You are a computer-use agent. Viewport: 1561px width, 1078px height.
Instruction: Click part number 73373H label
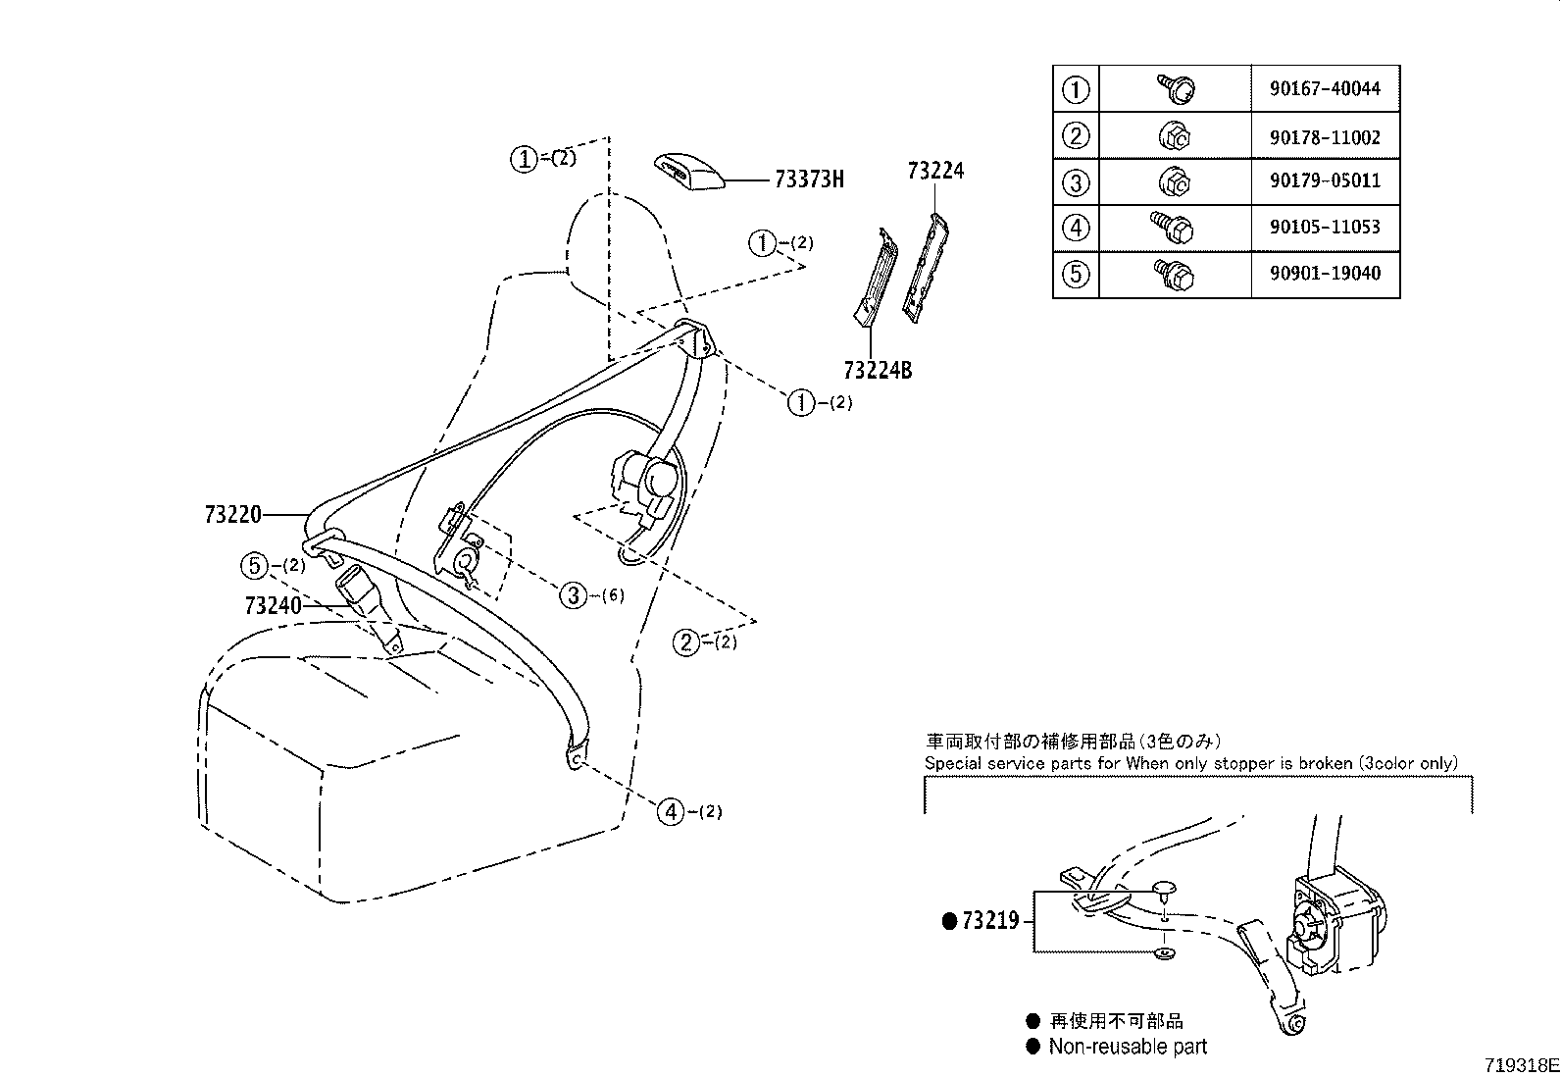[x=809, y=180]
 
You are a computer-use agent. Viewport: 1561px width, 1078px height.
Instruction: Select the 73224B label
[x=878, y=371]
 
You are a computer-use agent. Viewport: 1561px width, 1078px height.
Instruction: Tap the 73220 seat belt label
[x=233, y=514]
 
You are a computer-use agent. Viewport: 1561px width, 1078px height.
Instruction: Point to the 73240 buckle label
[x=274, y=605]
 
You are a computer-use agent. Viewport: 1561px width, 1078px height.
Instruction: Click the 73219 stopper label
[x=990, y=921]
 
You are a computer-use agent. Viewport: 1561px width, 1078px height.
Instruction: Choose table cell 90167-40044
[x=1325, y=89]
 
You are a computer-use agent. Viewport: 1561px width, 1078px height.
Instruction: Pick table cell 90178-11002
[x=1325, y=137]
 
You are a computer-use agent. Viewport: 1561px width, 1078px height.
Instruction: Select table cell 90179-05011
[x=1325, y=181]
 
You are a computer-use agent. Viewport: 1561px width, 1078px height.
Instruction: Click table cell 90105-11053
[x=1325, y=228]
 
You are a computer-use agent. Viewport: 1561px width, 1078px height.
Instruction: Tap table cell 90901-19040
[x=1325, y=274]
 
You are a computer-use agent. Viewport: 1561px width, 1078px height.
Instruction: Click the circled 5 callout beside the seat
[x=254, y=565]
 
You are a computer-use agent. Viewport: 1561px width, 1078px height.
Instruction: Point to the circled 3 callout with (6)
[x=574, y=594]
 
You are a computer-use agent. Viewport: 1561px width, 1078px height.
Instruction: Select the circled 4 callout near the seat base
[x=671, y=811]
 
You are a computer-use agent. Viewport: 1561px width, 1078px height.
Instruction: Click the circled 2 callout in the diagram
[x=686, y=642]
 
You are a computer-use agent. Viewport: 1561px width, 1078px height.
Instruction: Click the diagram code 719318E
[x=1520, y=1065]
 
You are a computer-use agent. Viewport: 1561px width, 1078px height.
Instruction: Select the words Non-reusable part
[x=1128, y=1047]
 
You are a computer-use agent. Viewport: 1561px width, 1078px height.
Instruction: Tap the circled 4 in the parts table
[x=1076, y=228]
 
